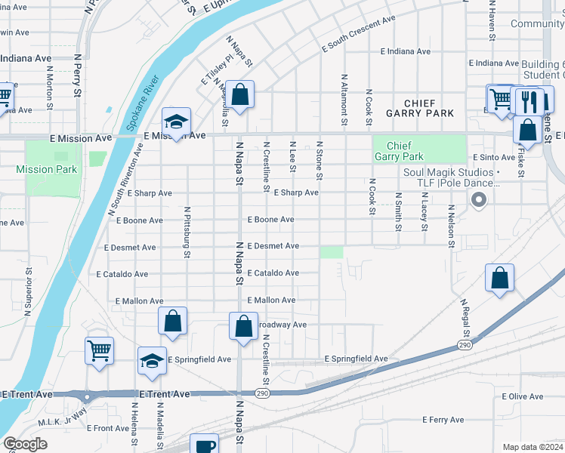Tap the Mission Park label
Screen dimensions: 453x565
[x=46, y=169]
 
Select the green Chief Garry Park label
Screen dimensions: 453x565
[x=403, y=151]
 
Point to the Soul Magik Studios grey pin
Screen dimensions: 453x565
[x=477, y=200]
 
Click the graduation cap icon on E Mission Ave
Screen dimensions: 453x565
[x=177, y=122]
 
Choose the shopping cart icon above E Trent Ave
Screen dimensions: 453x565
[x=100, y=351]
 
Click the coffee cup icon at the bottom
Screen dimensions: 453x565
[x=204, y=445]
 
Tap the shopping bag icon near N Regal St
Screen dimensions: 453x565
[x=499, y=278]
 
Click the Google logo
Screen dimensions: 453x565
[x=25, y=444]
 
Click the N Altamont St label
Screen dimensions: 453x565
[x=344, y=99]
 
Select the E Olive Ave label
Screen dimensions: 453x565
[x=523, y=396]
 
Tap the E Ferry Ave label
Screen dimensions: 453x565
[x=447, y=419]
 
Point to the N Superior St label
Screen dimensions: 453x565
[x=29, y=289]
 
